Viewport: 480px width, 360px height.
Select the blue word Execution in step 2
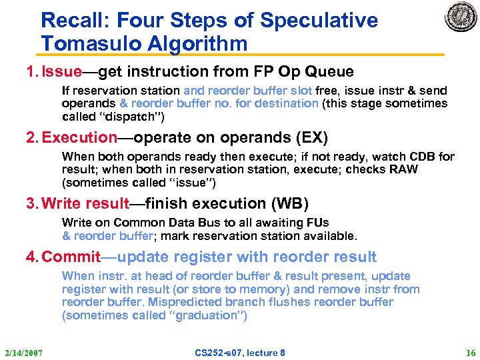(x=79, y=138)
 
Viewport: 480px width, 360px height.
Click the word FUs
(x=317, y=223)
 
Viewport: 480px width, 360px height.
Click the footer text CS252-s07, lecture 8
(x=240, y=352)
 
